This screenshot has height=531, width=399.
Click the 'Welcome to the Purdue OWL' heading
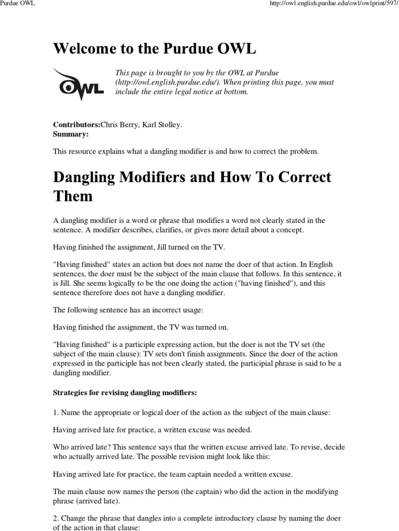tap(155, 49)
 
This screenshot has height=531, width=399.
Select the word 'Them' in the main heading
tap(73, 196)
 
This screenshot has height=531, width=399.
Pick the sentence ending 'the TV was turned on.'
tap(141, 327)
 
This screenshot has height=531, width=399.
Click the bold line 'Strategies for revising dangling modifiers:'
tap(125, 393)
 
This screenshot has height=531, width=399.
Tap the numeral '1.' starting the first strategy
tap(57, 412)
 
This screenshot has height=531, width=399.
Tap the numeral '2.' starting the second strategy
tap(57, 518)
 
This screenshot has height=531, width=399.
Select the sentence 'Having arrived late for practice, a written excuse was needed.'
tap(153, 429)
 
